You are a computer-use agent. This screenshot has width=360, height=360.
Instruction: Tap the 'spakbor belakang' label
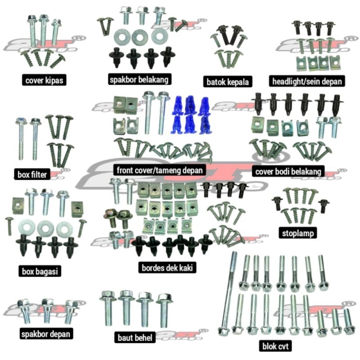pos(139,80)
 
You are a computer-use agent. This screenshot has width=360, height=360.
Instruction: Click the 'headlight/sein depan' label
pos(308,81)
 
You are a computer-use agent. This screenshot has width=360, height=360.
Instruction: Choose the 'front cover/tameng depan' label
pos(160,170)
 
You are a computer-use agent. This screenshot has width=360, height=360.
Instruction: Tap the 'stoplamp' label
pos(298,233)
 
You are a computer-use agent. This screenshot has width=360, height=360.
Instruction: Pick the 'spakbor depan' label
pos(46,334)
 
